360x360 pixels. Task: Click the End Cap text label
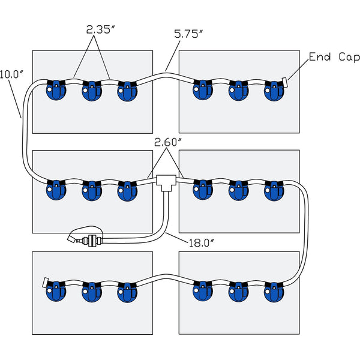334,58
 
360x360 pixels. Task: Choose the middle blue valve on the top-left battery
91,91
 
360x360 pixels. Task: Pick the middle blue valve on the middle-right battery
238,190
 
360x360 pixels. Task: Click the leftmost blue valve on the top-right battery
202,91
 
